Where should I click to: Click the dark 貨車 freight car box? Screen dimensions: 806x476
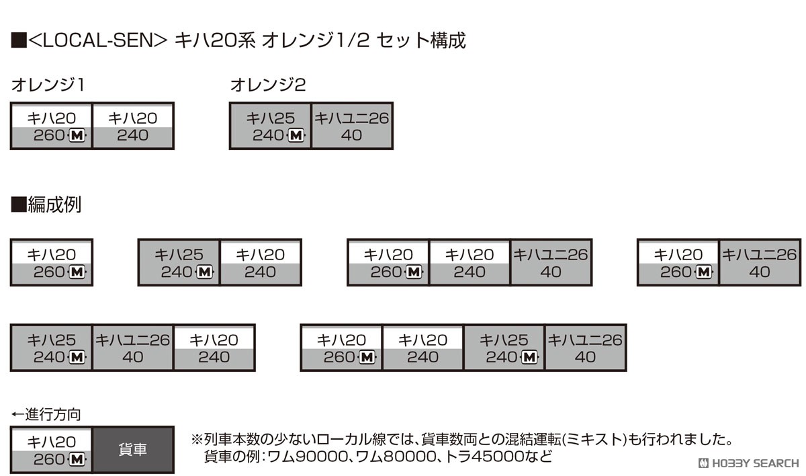point(133,450)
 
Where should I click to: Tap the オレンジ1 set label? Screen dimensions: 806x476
point(48,85)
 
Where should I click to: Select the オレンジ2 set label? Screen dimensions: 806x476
point(268,85)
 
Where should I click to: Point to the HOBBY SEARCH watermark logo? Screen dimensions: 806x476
point(748,463)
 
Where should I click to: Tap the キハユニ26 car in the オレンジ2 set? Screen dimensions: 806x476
point(351,126)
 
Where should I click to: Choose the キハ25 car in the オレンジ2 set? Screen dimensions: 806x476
point(270,126)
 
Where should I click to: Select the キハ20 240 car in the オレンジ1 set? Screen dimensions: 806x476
point(133,126)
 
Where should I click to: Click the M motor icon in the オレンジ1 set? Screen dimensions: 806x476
point(77,135)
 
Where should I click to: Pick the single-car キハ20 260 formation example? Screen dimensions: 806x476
point(52,262)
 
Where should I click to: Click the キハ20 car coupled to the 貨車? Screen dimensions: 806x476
point(52,450)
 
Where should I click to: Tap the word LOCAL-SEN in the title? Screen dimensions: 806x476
point(97,40)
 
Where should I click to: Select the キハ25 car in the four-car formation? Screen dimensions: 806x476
point(504,348)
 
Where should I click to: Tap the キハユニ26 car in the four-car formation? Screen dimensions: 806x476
point(586,348)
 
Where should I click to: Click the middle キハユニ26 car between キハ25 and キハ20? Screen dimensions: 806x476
point(133,348)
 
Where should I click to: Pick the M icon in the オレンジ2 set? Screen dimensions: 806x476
point(296,135)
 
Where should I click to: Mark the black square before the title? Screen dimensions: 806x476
point(19,40)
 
